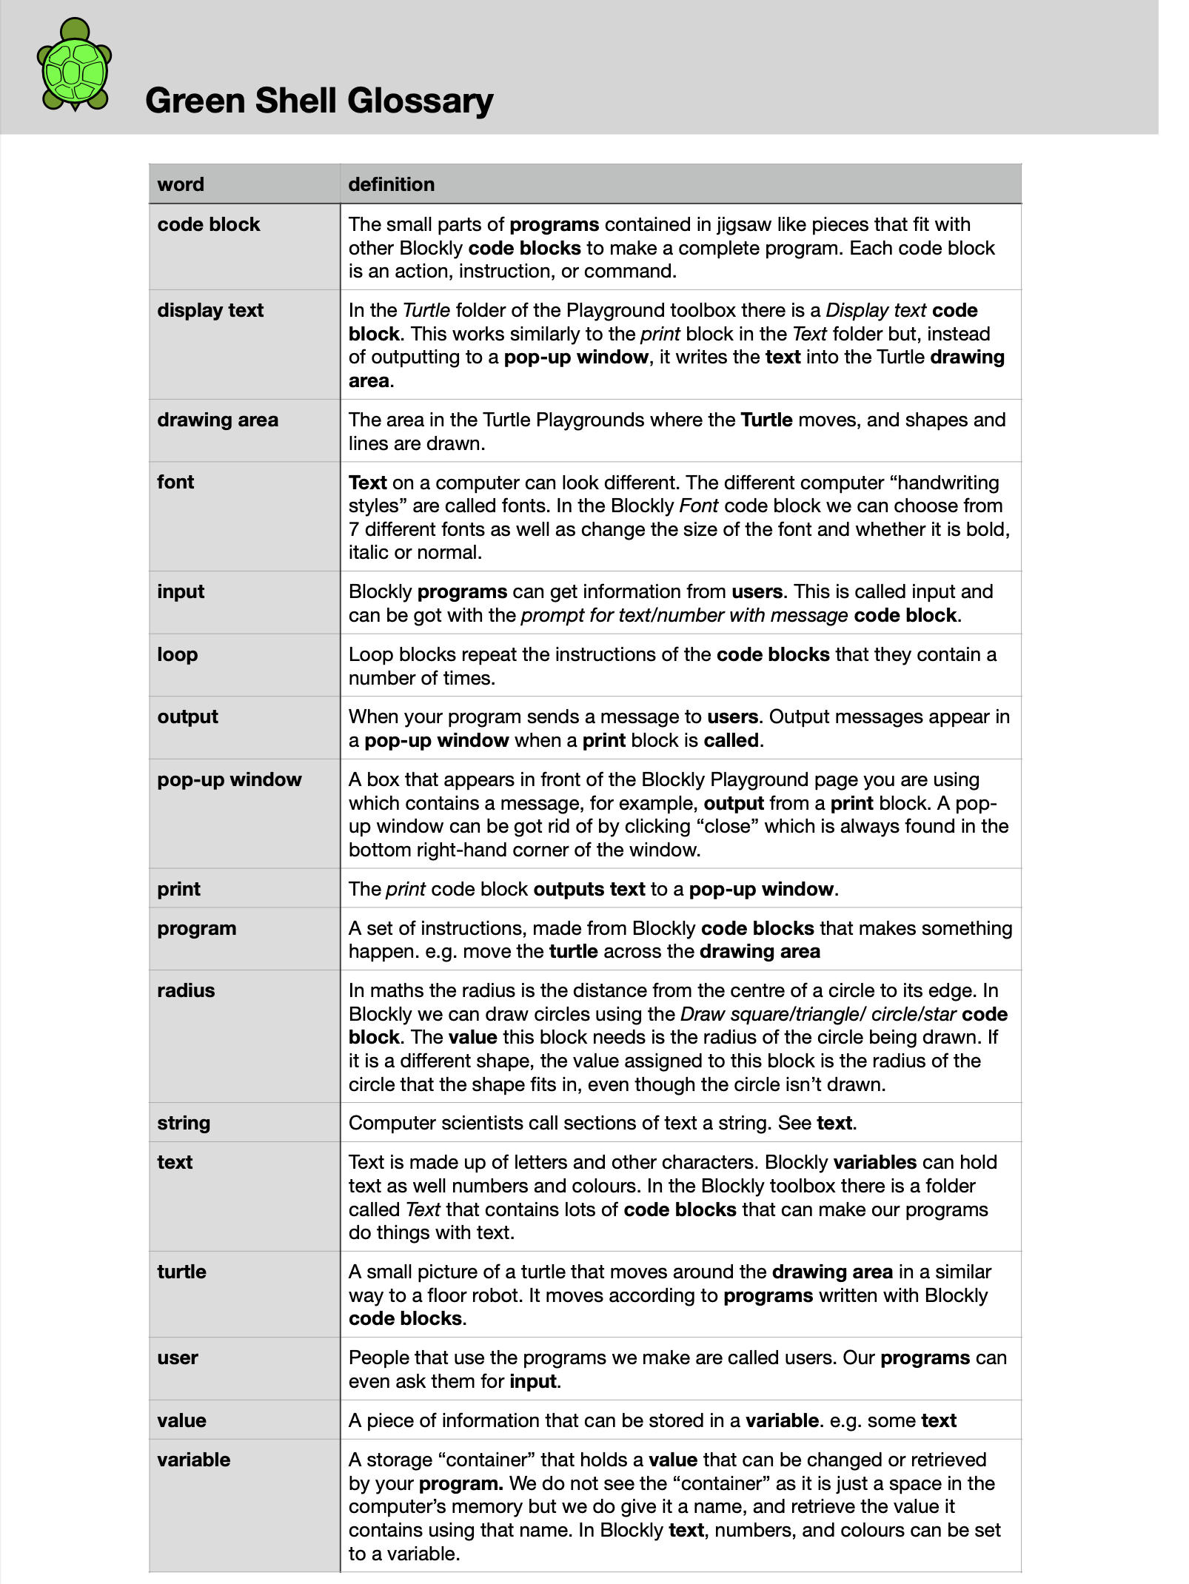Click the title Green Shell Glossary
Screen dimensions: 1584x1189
(x=319, y=101)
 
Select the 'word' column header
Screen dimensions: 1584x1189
(x=181, y=184)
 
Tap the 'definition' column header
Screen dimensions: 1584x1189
(x=392, y=184)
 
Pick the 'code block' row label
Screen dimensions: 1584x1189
(x=209, y=224)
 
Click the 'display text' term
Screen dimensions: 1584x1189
(x=210, y=310)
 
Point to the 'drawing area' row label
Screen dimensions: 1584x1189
(x=218, y=420)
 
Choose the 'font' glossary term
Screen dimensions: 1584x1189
(x=175, y=482)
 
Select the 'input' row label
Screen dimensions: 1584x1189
(x=181, y=591)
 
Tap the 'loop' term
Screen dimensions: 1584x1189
(x=178, y=654)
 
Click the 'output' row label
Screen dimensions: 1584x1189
(x=187, y=717)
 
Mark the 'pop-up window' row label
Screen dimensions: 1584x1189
(x=230, y=779)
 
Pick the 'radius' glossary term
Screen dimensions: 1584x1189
(x=186, y=990)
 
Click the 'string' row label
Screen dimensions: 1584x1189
(x=184, y=1123)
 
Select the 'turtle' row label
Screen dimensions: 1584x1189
(x=181, y=1272)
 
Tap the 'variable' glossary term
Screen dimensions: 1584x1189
(x=193, y=1460)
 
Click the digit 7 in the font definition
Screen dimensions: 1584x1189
(x=354, y=529)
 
